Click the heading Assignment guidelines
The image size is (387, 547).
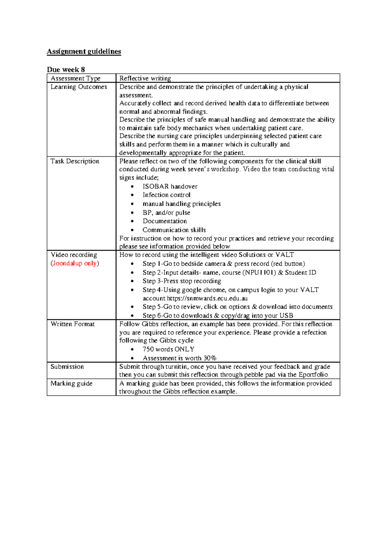(x=84, y=52)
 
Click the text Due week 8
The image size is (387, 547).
(x=66, y=69)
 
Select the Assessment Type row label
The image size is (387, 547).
(x=75, y=78)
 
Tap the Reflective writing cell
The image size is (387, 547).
(x=145, y=78)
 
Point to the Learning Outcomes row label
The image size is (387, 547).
(x=79, y=87)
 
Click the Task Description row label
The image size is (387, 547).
(x=75, y=161)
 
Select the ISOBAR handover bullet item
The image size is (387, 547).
(x=170, y=186)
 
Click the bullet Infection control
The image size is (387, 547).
(x=166, y=195)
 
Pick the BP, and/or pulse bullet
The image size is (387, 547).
(x=166, y=213)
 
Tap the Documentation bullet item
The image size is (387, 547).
(x=165, y=221)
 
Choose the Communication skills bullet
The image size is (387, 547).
(x=174, y=230)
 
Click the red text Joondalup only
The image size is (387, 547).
(x=74, y=263)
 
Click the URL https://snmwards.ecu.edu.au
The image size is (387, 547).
(x=207, y=298)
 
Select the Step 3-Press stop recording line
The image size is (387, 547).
(x=182, y=281)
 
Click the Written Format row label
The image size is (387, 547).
(x=73, y=324)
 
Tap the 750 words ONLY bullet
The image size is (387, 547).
(x=168, y=349)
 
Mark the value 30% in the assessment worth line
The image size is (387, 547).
(x=210, y=358)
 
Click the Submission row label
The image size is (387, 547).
(x=67, y=366)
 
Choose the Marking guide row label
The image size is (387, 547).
(x=71, y=383)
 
